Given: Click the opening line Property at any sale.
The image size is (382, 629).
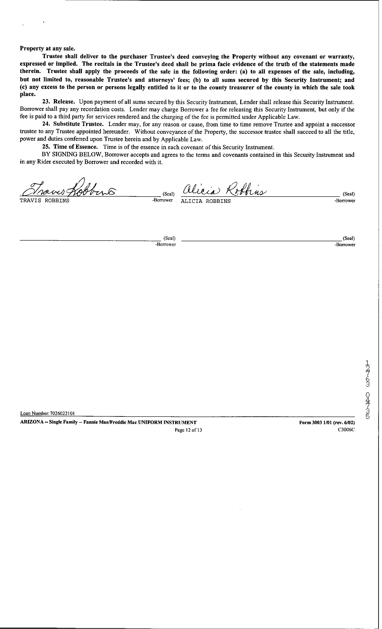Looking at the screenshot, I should [x=48, y=48].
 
